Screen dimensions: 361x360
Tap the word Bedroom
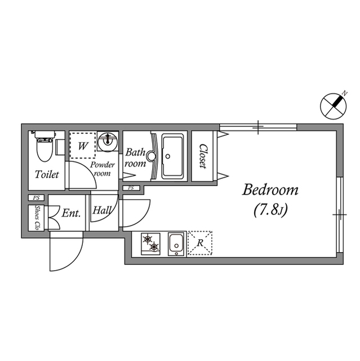(x=270, y=190)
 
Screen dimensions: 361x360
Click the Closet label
(x=202, y=156)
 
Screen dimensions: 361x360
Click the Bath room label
(x=136, y=158)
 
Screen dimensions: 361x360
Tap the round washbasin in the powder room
(x=106, y=141)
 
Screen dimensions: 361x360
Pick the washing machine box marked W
(x=83, y=146)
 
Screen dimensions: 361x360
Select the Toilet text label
(x=47, y=175)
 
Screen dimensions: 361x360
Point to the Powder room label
(x=103, y=169)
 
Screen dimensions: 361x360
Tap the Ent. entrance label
(x=71, y=213)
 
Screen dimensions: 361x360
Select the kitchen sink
(x=177, y=244)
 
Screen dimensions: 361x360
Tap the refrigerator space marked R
(x=199, y=243)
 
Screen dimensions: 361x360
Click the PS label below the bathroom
(x=131, y=188)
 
